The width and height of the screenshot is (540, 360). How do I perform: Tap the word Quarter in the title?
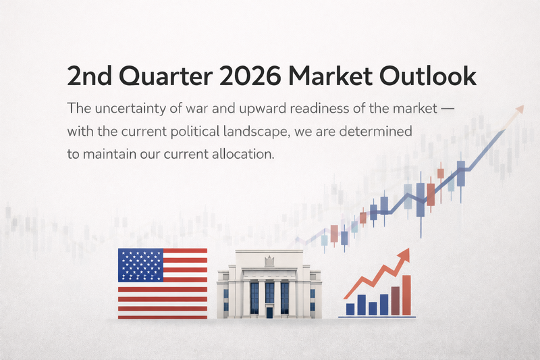[163, 76]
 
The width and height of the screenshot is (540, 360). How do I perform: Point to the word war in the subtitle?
[203, 108]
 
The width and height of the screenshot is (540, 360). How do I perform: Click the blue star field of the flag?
[140, 265]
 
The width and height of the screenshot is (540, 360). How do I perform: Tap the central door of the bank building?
[269, 312]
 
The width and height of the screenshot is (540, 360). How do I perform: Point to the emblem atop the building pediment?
[268, 260]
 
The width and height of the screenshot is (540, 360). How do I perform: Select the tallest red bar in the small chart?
[406, 295]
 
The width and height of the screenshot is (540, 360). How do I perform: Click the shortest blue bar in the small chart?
[373, 309]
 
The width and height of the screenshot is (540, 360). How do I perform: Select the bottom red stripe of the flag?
[162, 314]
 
